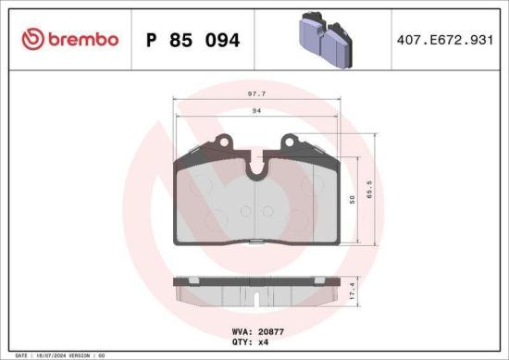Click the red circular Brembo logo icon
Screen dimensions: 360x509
[x=32, y=39]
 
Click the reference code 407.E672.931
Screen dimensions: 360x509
[x=442, y=40]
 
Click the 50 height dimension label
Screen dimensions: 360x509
[x=353, y=199]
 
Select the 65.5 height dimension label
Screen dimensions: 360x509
[x=369, y=192]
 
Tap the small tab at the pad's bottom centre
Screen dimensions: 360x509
[x=254, y=242]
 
